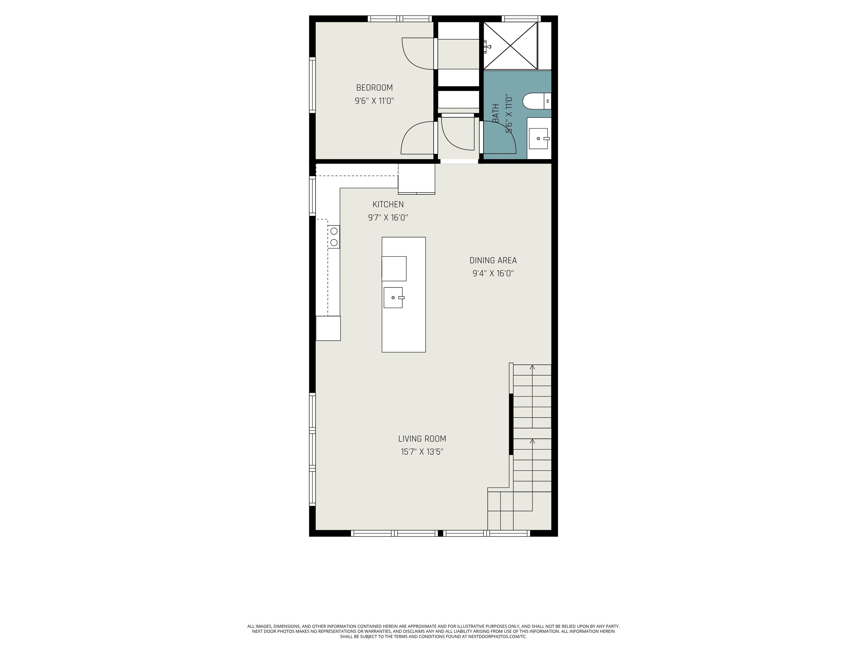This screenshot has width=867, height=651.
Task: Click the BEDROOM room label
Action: (x=374, y=88)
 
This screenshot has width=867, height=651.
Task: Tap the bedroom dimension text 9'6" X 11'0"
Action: (x=374, y=101)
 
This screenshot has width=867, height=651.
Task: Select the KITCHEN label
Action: (x=388, y=205)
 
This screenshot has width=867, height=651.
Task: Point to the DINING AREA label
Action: (x=493, y=261)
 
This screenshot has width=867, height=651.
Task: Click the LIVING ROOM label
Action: (x=422, y=439)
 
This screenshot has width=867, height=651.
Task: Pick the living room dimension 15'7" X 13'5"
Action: (x=422, y=452)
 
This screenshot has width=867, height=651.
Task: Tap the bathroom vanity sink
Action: (x=538, y=138)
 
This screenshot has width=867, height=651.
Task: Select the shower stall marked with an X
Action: (x=510, y=46)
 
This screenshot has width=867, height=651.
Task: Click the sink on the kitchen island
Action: (x=393, y=298)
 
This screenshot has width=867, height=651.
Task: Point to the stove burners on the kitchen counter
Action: (x=334, y=236)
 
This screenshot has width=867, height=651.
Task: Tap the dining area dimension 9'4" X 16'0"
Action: (x=493, y=274)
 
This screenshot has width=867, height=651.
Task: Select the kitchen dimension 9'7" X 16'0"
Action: (x=388, y=217)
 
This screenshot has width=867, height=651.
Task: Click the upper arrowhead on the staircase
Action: (x=532, y=367)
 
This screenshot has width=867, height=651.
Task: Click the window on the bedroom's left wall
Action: (x=312, y=85)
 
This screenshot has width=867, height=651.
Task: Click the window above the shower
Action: (x=521, y=18)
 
